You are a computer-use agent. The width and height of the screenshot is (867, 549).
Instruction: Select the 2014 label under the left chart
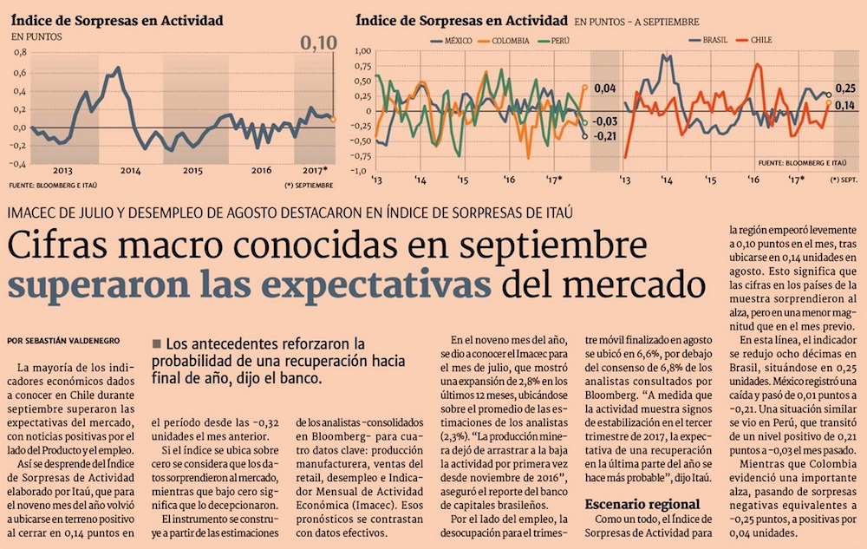click(130, 170)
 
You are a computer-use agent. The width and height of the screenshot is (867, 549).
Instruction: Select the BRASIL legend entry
click(712, 41)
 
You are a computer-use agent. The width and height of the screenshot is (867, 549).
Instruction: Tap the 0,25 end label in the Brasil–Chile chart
click(846, 88)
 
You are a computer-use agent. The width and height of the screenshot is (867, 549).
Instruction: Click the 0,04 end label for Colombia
click(606, 88)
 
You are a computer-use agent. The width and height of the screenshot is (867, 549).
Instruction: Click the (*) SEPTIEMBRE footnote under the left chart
click(308, 186)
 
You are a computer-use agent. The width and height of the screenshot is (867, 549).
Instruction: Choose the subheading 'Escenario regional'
click(642, 504)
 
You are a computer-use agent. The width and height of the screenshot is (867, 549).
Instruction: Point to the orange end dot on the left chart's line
click(334, 118)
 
